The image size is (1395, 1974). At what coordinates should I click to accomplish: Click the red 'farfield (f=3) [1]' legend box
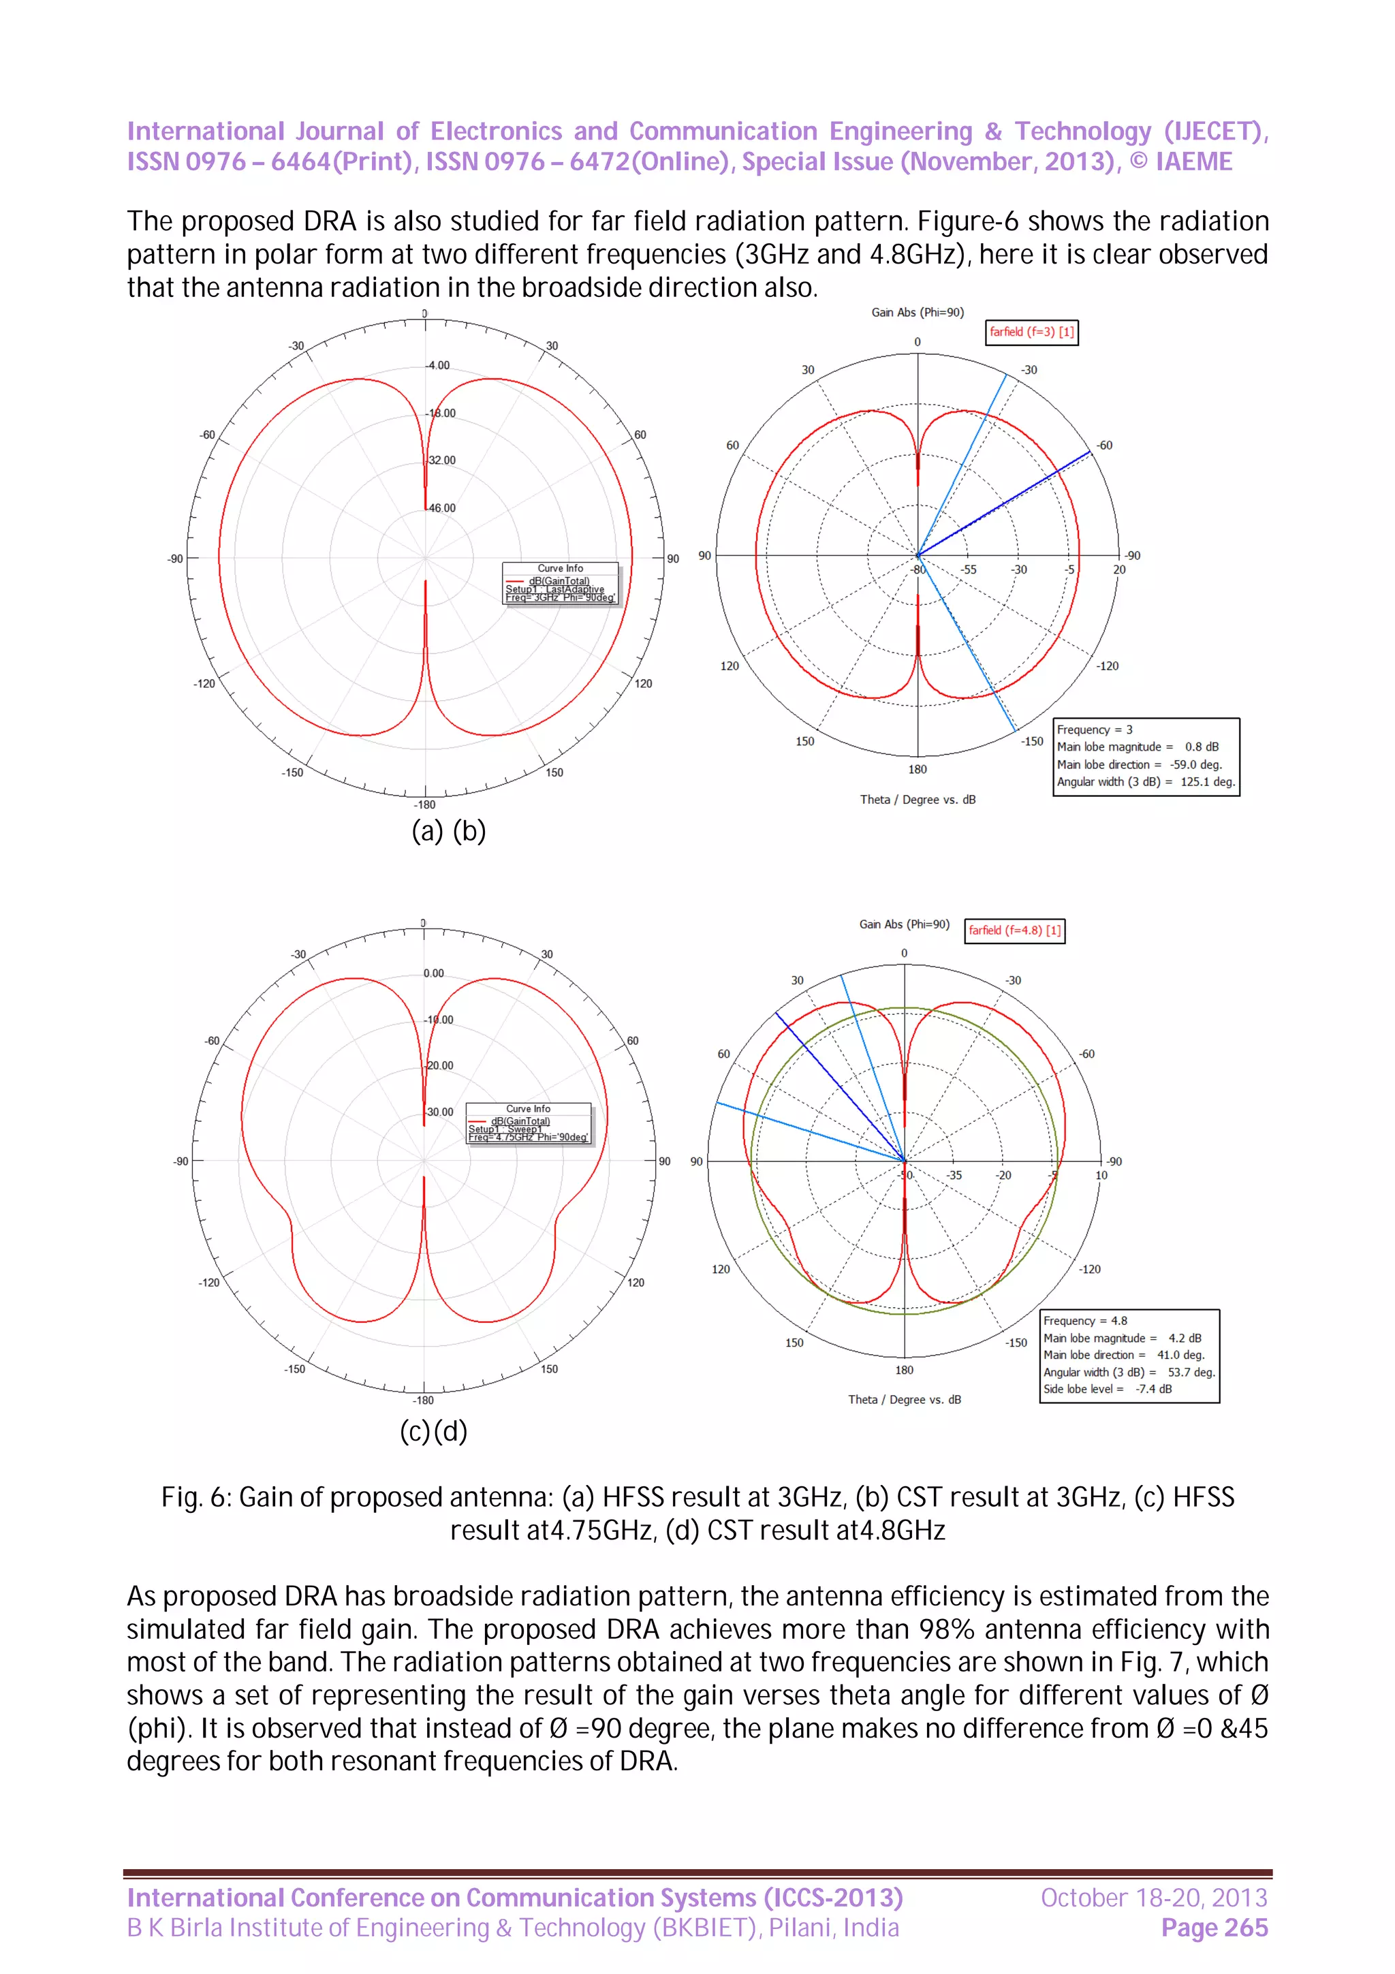(1031, 332)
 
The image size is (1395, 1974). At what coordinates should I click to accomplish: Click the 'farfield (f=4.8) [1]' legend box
(1014, 930)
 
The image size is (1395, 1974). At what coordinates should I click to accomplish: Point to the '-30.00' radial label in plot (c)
(439, 1112)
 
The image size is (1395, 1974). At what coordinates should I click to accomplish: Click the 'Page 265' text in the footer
(1214, 1928)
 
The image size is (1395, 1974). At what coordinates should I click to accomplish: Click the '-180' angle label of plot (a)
(424, 804)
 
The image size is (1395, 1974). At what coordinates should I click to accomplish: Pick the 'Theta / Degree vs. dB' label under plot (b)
(917, 800)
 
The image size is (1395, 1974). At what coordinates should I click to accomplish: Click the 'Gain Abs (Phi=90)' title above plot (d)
(904, 924)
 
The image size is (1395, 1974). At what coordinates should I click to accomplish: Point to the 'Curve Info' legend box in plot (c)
(528, 1123)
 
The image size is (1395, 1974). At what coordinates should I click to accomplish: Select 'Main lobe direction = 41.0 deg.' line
(1123, 1354)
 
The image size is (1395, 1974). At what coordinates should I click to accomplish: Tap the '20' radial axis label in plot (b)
(1119, 569)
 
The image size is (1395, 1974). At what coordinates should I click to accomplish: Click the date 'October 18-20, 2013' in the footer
(1153, 1898)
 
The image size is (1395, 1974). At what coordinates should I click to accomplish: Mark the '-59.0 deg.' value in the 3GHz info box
(1195, 764)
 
